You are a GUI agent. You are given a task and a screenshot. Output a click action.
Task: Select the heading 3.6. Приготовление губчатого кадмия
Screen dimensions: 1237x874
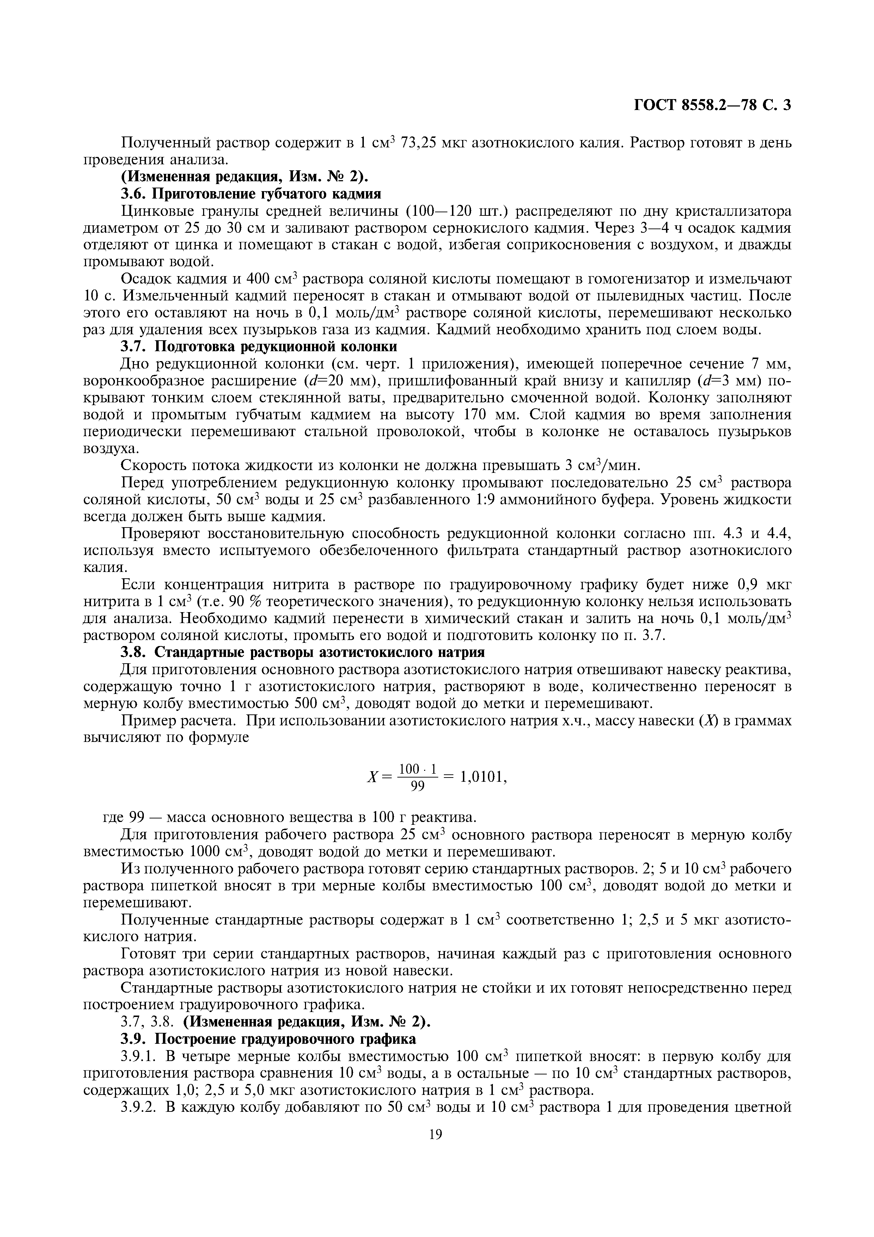tap(251, 194)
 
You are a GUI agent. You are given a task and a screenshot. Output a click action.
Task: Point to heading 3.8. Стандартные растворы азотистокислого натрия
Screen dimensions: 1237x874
tap(302, 652)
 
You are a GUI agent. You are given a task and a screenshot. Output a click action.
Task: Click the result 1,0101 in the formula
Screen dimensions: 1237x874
tap(483, 776)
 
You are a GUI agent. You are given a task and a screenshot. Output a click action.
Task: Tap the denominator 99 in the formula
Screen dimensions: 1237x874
tap(418, 787)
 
